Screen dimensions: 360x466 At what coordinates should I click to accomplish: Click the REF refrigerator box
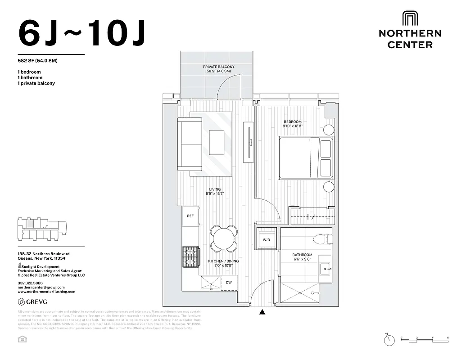[x=190, y=216]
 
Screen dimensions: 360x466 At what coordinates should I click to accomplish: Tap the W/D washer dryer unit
[x=266, y=240]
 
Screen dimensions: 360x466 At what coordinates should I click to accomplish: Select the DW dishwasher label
[x=229, y=283]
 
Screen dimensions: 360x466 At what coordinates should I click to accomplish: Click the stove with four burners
[x=190, y=256]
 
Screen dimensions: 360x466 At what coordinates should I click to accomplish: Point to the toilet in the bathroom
[x=322, y=239]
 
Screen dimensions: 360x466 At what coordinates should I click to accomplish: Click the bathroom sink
[x=326, y=270]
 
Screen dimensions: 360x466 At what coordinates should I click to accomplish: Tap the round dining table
[x=224, y=238]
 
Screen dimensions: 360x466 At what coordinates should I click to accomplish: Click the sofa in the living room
[x=190, y=144]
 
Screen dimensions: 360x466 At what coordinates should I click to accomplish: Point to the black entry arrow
[x=262, y=311]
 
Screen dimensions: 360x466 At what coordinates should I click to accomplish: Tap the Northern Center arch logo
[x=410, y=19]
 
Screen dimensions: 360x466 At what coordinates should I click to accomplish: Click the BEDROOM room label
[x=292, y=122]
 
